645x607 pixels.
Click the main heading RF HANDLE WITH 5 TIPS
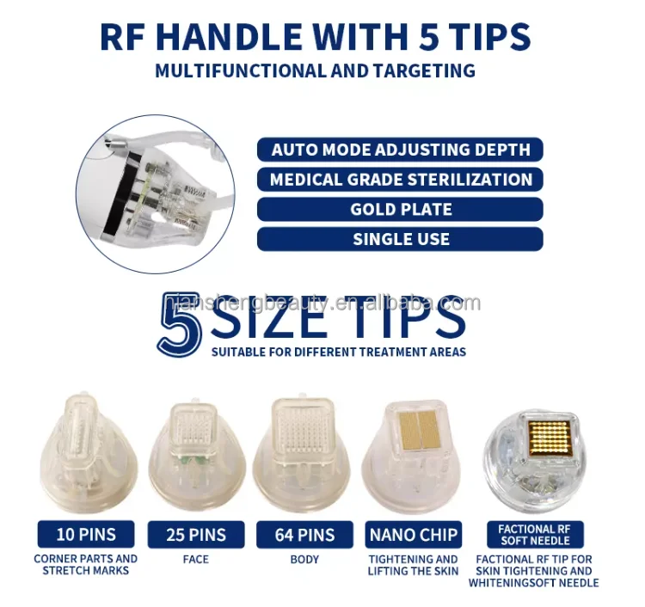[315, 36]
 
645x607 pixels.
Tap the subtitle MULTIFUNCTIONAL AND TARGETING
[315, 71]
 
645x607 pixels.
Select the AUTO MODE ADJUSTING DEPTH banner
[401, 150]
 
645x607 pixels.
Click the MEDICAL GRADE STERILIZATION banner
[401, 180]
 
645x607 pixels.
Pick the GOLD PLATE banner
[401, 209]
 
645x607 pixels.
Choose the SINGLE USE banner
[401, 239]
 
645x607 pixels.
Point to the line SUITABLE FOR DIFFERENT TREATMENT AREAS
[339, 352]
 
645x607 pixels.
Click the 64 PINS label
[304, 535]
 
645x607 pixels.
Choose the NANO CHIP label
[414, 535]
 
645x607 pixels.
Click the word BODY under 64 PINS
[304, 559]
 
